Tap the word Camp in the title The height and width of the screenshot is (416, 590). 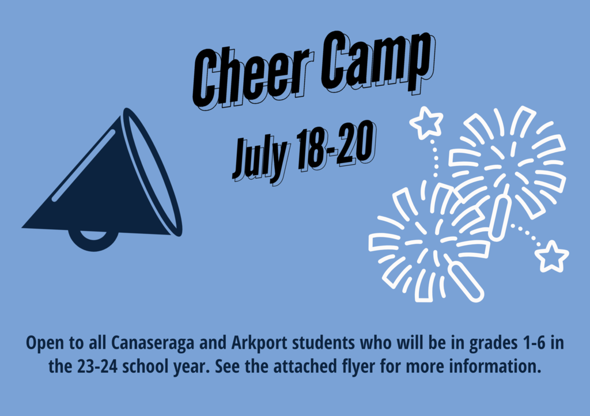378,62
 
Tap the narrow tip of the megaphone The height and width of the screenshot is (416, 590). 23,227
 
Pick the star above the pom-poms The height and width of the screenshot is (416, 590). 426,123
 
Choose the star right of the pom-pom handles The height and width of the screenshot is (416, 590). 551,256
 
